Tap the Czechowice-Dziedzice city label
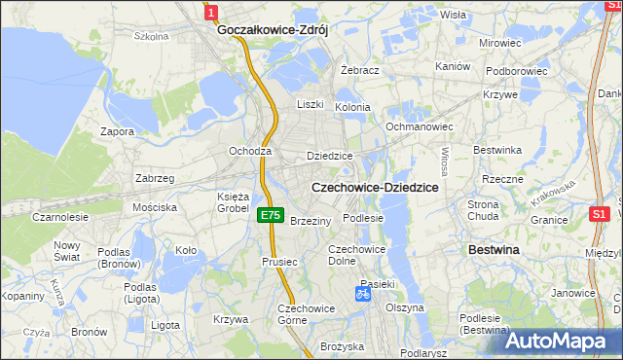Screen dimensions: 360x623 (374, 186)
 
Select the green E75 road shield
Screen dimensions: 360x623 (271, 215)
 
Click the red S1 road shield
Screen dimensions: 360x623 (600, 213)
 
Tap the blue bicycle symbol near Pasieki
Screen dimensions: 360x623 (362, 292)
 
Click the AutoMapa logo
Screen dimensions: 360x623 (562, 342)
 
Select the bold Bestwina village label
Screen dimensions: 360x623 (494, 250)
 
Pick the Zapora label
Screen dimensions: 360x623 (118, 130)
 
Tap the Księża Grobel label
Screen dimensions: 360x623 (233, 201)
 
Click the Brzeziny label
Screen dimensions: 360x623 (311, 221)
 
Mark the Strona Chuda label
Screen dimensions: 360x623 (483, 210)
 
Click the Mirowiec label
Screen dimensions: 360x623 (500, 44)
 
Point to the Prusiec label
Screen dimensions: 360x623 (278, 262)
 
